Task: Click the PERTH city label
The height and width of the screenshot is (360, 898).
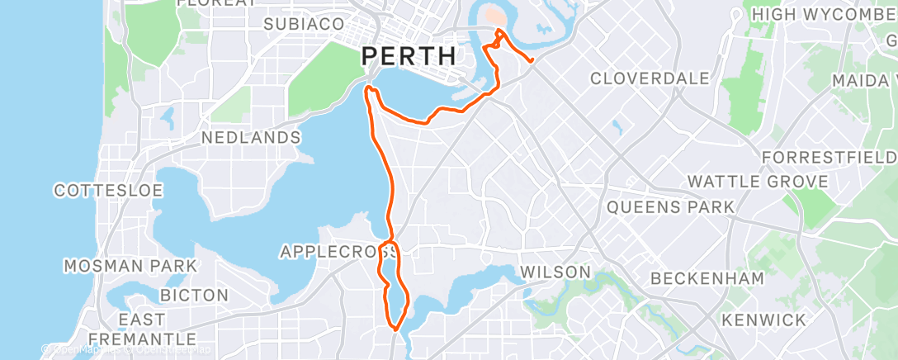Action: coord(409,56)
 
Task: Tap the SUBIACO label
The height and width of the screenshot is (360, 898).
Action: coord(303,24)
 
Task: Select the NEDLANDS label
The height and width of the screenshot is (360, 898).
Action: coord(251,137)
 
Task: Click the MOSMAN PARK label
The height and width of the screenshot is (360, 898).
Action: coord(130,266)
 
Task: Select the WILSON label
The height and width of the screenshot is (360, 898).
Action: coord(555,272)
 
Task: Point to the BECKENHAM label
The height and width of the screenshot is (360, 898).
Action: coord(707,278)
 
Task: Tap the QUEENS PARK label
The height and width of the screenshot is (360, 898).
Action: coord(670,206)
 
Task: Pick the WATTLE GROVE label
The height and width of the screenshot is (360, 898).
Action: coord(758,182)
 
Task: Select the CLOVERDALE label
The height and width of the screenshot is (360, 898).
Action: coord(650,78)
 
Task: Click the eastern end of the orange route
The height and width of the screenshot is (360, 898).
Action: coord(532,59)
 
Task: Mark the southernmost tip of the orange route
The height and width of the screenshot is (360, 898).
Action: coord(396,329)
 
